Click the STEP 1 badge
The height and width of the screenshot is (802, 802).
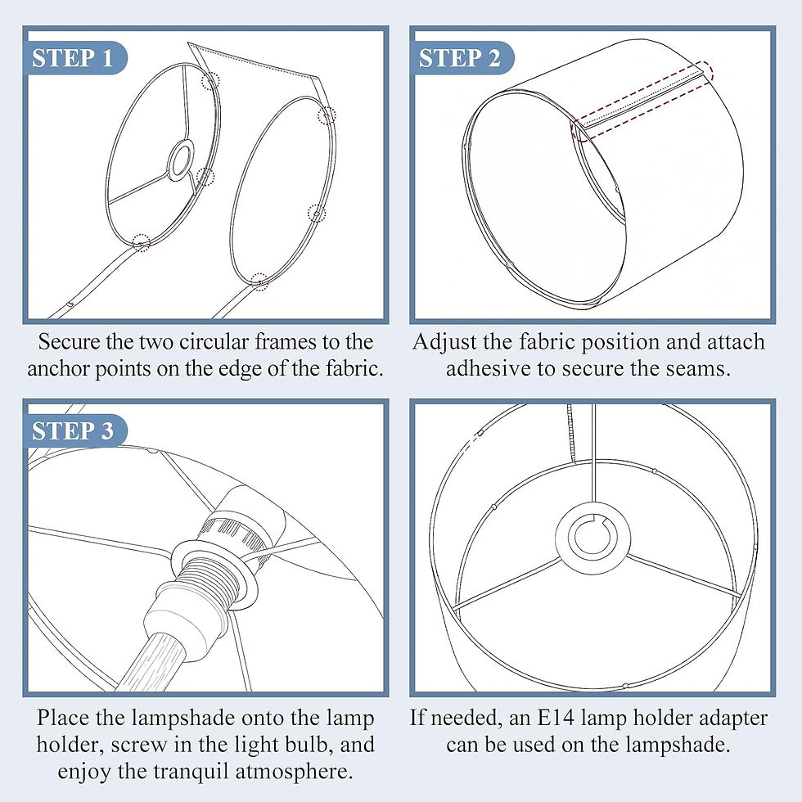click(x=74, y=57)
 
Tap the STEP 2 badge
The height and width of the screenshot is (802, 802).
click(x=461, y=57)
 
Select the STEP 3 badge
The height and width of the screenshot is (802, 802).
click(x=74, y=430)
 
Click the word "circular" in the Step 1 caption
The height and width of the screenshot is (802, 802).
click(x=214, y=342)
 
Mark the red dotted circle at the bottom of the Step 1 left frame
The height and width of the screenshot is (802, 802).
click(x=141, y=242)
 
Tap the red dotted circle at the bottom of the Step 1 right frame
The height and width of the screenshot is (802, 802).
click(x=260, y=282)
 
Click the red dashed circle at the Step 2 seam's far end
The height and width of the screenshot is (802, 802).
click(x=705, y=71)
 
